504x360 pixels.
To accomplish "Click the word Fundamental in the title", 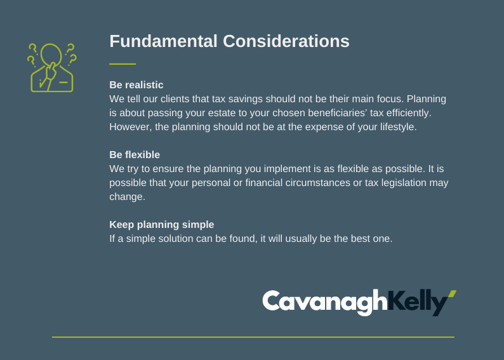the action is coord(163,41).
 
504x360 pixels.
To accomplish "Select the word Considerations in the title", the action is coord(286,41).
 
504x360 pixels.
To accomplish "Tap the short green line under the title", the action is coord(123,64).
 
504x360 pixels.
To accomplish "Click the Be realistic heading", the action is coord(136,85).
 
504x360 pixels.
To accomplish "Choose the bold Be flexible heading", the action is coord(135,155).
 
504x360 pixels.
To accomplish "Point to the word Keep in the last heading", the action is coord(121,225).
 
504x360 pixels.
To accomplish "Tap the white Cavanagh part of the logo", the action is coord(325,302).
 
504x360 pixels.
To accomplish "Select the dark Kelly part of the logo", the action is coord(418,302).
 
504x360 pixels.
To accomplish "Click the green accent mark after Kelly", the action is coord(452,294).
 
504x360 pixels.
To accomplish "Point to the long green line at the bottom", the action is coord(253,337).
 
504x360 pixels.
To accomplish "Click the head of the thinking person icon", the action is coord(51,53).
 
